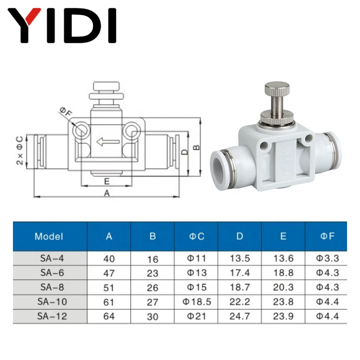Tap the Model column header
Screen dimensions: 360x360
(x=49, y=237)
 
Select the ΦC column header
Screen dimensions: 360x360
(x=197, y=237)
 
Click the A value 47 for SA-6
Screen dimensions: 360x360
(x=109, y=273)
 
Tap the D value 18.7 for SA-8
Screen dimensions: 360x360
(x=240, y=287)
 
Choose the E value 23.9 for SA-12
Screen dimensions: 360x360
(x=283, y=316)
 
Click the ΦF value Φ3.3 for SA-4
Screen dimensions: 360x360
(x=327, y=258)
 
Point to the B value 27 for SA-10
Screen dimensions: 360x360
(x=153, y=302)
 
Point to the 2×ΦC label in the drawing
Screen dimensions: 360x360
(x=20, y=150)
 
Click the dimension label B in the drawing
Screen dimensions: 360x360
(x=197, y=147)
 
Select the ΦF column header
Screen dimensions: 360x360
(x=327, y=237)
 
